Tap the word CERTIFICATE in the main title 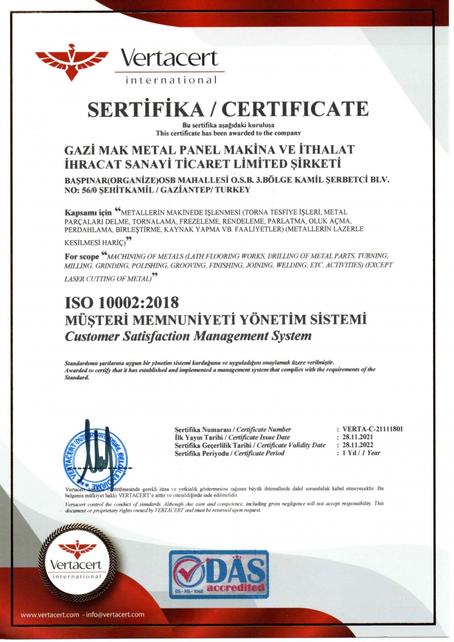point(299,108)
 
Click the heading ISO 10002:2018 point(122,303)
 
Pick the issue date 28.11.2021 point(356,438)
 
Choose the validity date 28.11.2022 point(356,445)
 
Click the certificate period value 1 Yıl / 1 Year point(361,453)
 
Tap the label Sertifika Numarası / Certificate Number point(233,430)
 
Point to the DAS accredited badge point(218,573)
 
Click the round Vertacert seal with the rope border point(77,562)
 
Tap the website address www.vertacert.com point(49,614)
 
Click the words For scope point(82,257)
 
